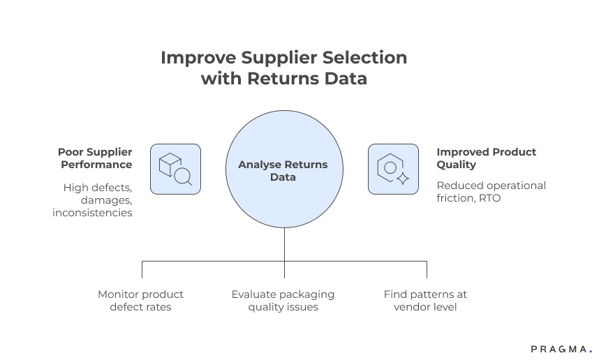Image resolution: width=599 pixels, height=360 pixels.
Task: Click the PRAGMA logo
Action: pyautogui.click(x=561, y=349)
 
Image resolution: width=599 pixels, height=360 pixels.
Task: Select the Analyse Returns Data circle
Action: pyautogui.click(x=283, y=171)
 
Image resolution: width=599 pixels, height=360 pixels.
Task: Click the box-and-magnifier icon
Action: pyautogui.click(x=175, y=169)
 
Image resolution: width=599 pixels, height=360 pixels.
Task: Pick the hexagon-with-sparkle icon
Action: pyautogui.click(x=393, y=169)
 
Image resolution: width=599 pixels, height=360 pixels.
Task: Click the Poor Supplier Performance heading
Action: pyautogui.click(x=95, y=158)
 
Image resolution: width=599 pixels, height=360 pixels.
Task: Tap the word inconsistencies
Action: pyautogui.click(x=92, y=212)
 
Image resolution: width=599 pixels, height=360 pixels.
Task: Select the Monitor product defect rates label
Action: pyautogui.click(x=140, y=301)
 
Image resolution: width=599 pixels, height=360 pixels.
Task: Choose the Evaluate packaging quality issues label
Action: pyautogui.click(x=283, y=301)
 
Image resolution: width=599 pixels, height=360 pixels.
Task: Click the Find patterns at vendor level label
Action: pyautogui.click(x=425, y=301)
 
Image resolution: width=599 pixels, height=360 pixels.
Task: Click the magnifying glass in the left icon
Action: pyautogui.click(x=183, y=177)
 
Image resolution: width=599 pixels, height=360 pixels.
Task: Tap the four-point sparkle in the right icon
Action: pyautogui.click(x=402, y=179)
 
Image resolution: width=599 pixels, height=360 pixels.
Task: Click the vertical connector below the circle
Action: pyautogui.click(x=284, y=243)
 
